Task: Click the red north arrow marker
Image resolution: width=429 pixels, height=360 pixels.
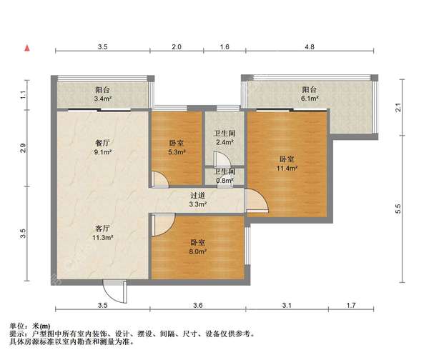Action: click(x=27, y=49)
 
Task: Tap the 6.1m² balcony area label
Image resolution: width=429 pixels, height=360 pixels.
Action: click(x=310, y=99)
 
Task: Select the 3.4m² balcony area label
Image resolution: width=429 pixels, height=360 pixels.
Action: click(x=102, y=99)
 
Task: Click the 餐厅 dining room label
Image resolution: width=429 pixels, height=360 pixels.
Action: click(x=102, y=143)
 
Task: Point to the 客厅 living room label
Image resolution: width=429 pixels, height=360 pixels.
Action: click(x=102, y=229)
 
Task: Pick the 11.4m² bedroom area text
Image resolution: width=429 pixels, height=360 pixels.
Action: click(x=287, y=168)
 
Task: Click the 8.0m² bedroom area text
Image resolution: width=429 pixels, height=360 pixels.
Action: click(x=197, y=251)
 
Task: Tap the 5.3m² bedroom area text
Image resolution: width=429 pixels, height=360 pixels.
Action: click(x=177, y=152)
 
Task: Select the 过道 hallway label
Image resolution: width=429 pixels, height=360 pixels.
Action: click(x=197, y=196)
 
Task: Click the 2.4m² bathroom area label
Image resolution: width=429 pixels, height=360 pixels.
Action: click(x=225, y=142)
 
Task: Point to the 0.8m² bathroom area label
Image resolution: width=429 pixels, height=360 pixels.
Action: click(x=225, y=181)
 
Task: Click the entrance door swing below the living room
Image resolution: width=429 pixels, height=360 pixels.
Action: click(x=114, y=291)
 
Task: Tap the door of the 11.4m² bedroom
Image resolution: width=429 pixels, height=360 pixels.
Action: click(x=257, y=201)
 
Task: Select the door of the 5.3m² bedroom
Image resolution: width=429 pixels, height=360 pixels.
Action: click(x=159, y=179)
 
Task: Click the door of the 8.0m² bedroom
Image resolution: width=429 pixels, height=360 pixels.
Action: click(x=163, y=225)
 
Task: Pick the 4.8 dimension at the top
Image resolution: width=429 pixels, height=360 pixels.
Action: click(x=310, y=46)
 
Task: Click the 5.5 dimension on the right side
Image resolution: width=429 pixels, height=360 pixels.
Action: click(x=398, y=209)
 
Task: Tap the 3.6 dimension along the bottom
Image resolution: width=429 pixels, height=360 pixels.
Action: click(x=197, y=305)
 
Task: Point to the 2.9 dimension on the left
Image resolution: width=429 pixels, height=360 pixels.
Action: click(x=23, y=148)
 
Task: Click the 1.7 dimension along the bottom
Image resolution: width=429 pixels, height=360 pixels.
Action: click(x=351, y=305)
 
